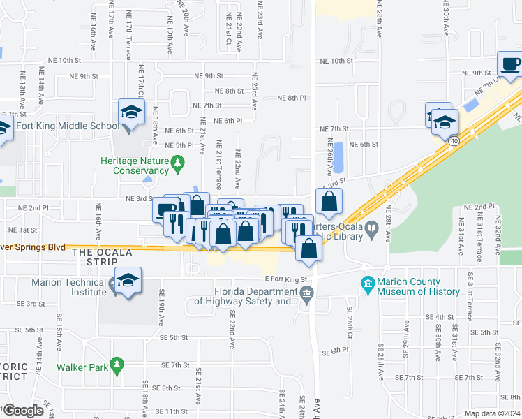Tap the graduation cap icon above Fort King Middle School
pos(130,112)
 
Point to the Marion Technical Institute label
pos(68,283)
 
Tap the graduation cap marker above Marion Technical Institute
pos(127,280)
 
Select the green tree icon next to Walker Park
pos(117,365)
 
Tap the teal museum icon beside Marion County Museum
pos(367,283)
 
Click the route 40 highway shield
pos(454,140)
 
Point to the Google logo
pos(23,411)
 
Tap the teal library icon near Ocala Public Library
pos(373,227)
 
